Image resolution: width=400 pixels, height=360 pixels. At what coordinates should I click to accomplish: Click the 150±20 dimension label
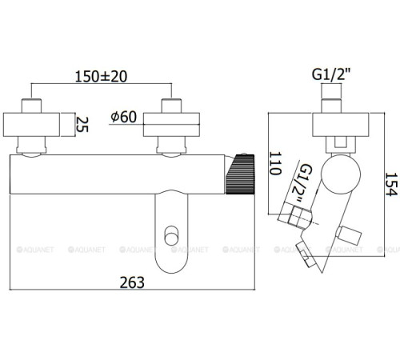[x=101, y=77]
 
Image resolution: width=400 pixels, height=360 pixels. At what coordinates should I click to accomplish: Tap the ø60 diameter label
[x=124, y=117]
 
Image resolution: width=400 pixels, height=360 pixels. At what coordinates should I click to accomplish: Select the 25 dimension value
[x=82, y=125]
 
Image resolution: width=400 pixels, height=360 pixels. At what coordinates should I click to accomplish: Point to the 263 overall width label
[x=132, y=282]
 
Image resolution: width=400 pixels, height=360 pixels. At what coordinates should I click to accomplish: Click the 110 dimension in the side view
[x=275, y=163]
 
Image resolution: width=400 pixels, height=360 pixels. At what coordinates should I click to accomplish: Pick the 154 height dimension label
[x=391, y=184]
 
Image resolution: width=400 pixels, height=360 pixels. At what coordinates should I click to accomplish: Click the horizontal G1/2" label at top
[x=331, y=74]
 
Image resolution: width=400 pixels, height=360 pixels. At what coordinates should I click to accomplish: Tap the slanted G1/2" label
[x=302, y=183]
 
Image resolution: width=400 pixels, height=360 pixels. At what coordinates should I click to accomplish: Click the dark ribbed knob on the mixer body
[x=240, y=174]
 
